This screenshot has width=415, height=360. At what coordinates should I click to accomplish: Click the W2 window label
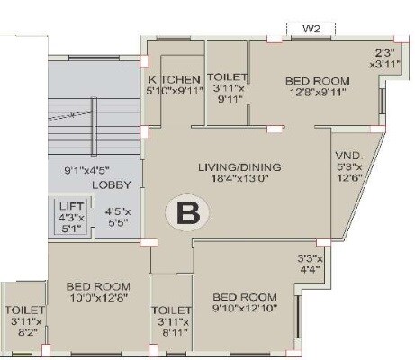pyautogui.click(x=311, y=29)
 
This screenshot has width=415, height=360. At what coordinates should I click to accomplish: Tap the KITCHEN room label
pyautogui.click(x=174, y=79)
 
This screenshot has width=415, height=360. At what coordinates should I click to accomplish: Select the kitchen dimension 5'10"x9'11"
pyautogui.click(x=174, y=91)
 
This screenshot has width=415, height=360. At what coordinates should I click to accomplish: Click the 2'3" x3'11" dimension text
pyautogui.click(x=382, y=58)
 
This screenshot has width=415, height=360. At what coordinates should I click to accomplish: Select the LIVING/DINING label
pyautogui.click(x=240, y=167)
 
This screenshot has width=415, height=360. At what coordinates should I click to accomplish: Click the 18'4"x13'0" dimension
pyautogui.click(x=241, y=180)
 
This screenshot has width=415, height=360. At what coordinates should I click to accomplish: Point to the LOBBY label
pyautogui.click(x=113, y=184)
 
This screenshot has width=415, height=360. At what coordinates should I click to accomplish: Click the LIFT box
pyautogui.click(x=70, y=217)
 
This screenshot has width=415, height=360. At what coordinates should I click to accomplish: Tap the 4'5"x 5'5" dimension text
pyautogui.click(x=117, y=217)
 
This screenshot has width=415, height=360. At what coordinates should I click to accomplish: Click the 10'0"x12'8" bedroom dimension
pyautogui.click(x=99, y=300)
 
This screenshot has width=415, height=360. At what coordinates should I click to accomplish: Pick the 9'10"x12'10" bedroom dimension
pyautogui.click(x=245, y=309)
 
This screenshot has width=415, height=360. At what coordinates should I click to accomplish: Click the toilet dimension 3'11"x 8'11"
pyautogui.click(x=172, y=327)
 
